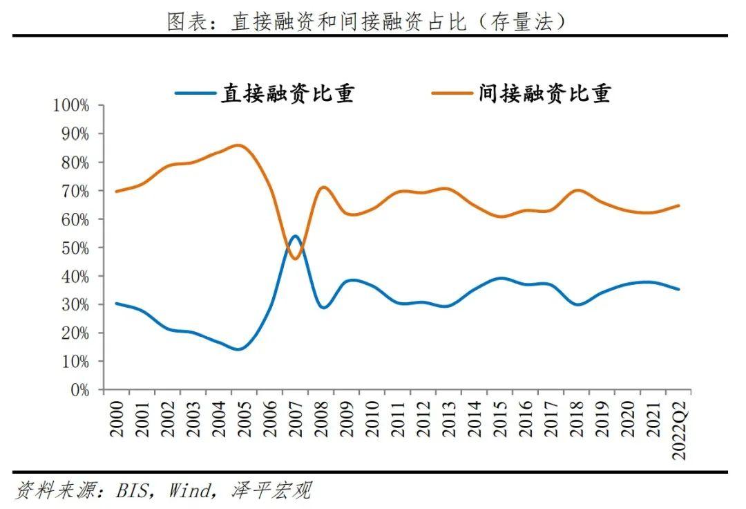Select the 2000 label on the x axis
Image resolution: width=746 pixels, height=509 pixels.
(116, 419)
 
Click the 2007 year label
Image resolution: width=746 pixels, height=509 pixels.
(295, 419)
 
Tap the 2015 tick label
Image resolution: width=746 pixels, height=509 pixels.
(499, 419)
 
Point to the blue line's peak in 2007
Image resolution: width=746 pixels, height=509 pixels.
(295, 236)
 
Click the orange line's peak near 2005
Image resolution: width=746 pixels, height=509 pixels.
(238, 145)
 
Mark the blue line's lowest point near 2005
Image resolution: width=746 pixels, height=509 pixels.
(238, 349)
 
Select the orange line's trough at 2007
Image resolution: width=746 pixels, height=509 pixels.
(295, 259)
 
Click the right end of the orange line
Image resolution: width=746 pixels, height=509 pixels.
(678, 205)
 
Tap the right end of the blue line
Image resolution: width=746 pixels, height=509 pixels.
(678, 289)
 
